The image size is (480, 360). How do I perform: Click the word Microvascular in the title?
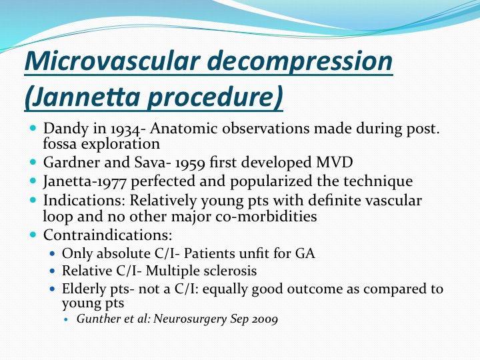click(x=113, y=61)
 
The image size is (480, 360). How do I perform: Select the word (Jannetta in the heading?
click(x=83, y=97)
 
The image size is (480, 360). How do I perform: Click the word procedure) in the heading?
click(x=215, y=97)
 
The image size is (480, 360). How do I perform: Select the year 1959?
click(x=190, y=163)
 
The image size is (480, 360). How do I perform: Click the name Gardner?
click(x=71, y=162)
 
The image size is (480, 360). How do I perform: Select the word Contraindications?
click(x=107, y=235)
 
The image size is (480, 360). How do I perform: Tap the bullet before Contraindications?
click(x=33, y=235)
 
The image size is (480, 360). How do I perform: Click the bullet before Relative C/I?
click(x=53, y=271)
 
